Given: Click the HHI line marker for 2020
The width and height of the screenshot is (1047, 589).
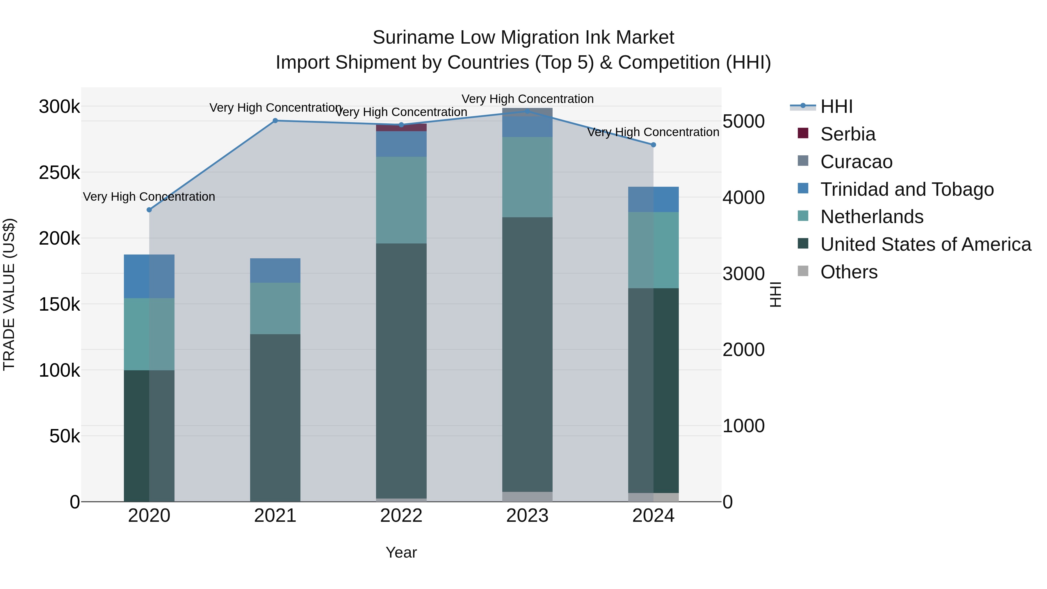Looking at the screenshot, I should point(149,210).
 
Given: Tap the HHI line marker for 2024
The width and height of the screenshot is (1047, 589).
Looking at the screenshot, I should point(653,145).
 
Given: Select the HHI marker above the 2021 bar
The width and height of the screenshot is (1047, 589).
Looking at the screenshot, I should point(275,121).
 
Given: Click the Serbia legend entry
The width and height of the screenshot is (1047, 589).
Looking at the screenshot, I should point(847,134).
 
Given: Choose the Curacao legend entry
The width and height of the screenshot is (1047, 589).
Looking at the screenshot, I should point(856,162).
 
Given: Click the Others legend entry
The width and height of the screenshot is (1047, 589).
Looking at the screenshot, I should point(849,272).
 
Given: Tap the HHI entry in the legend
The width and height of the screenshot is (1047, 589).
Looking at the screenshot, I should point(836,106).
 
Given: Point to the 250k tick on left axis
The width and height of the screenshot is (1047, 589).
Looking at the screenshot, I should point(59,173).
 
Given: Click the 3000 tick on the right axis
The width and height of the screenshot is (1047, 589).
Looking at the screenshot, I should point(743,274).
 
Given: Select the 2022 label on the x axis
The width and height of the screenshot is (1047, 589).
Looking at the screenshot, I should point(401,516).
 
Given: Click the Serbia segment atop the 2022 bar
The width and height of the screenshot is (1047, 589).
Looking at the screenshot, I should point(401,128).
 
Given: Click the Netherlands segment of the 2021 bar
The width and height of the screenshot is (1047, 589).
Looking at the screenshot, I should point(275,309).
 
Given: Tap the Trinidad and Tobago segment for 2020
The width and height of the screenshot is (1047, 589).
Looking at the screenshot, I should point(149,276).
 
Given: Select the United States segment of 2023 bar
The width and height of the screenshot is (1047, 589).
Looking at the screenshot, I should point(527,354).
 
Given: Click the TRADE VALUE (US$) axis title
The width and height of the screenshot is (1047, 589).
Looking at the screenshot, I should point(9,294).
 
